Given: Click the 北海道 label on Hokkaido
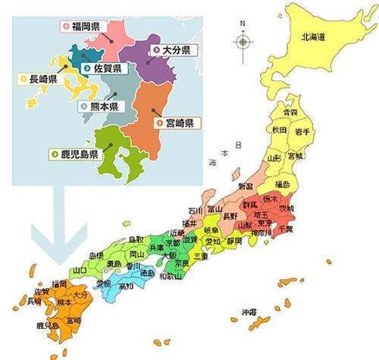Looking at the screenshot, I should point(312,36).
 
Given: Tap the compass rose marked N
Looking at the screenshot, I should point(243,39).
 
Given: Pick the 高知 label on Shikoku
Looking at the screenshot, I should point(127,287).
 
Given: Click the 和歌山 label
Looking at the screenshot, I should point(171,277).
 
